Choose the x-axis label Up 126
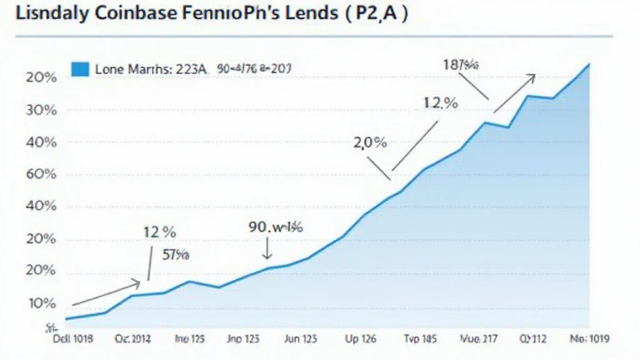[x=361, y=339]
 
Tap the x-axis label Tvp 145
[x=419, y=339]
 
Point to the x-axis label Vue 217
[x=479, y=339]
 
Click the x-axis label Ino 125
[x=189, y=339]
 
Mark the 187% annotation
[x=461, y=64]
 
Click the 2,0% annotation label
[x=370, y=142]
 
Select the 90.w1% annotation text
[x=276, y=227]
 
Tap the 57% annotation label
[x=177, y=254]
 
